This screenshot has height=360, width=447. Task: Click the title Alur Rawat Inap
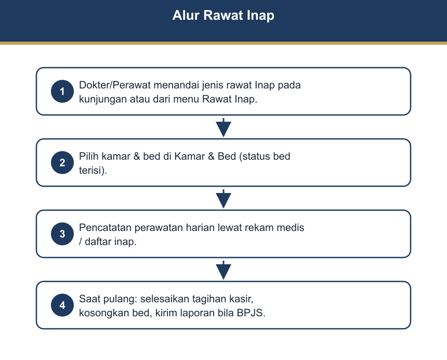(x=223, y=16)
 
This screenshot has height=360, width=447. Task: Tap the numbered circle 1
(x=62, y=91)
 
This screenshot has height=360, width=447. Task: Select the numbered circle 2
(x=62, y=163)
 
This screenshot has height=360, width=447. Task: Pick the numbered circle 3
(x=62, y=234)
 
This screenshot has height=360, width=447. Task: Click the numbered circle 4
(x=62, y=305)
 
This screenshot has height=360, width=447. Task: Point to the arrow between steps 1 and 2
(x=223, y=127)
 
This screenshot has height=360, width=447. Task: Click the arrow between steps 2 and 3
(x=223, y=199)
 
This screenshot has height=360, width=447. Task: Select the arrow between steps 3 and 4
(x=223, y=270)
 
